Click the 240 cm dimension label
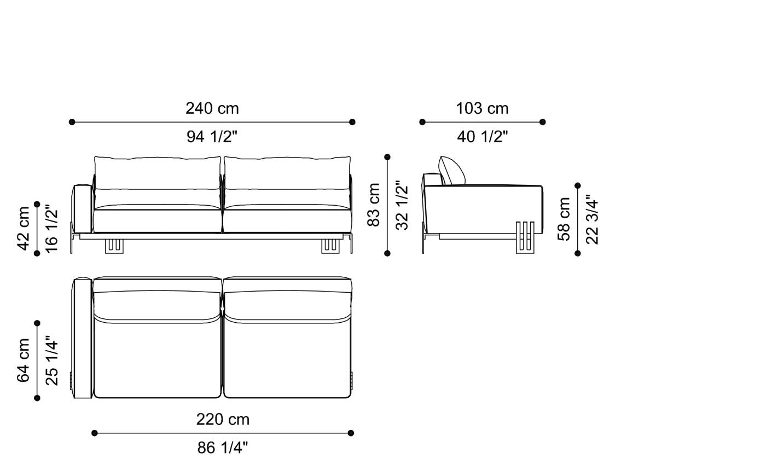212,108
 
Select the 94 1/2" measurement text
212,136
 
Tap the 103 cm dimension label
482,108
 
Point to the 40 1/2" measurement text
482,136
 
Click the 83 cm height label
374,205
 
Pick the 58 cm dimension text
564,219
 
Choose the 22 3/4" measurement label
593,219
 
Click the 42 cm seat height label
24,228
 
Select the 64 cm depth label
24,360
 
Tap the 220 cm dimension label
223,420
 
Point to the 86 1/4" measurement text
223,448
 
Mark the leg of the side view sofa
525,238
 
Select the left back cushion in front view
158,173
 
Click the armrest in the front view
82,208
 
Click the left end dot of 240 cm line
72,122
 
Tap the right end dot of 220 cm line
351,433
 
